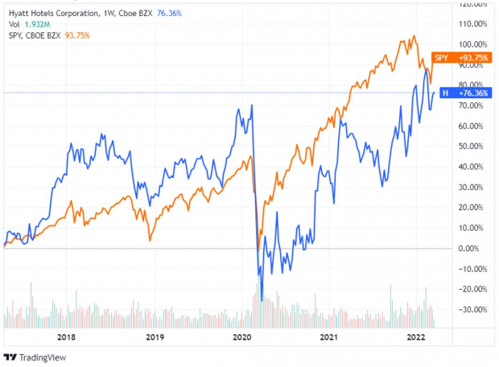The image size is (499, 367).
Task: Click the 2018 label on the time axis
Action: click(x=67, y=338)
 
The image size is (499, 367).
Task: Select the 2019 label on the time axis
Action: click(x=155, y=338)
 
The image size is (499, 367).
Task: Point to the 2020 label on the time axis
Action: click(x=242, y=338)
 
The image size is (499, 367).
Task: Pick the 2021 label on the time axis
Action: click(x=328, y=338)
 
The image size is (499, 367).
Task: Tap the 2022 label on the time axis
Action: click(x=415, y=338)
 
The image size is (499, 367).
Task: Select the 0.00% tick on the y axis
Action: click(x=471, y=248)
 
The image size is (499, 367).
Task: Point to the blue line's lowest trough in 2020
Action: click(x=262, y=299)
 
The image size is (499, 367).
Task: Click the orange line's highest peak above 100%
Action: click(x=414, y=36)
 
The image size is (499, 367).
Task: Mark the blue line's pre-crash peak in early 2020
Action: click(x=252, y=105)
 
